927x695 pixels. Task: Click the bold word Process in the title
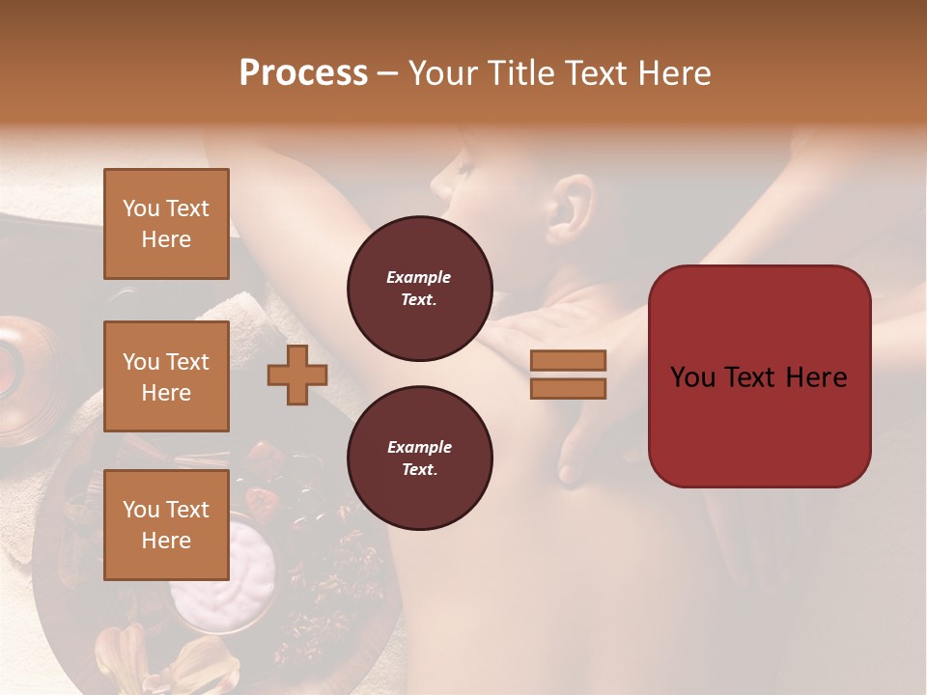(303, 73)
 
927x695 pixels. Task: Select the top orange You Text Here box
(166, 224)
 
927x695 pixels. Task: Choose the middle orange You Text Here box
(166, 376)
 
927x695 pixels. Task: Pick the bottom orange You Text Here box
(166, 525)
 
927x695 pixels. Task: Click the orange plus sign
(297, 375)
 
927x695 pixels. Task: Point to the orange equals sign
(568, 375)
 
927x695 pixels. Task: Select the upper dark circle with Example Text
(419, 289)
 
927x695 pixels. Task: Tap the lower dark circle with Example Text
(419, 459)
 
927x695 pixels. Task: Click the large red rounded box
(759, 376)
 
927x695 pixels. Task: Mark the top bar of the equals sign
(568, 361)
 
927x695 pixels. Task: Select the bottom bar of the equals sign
(568, 388)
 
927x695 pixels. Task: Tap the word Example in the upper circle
(419, 277)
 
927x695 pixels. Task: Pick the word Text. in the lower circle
(419, 470)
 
